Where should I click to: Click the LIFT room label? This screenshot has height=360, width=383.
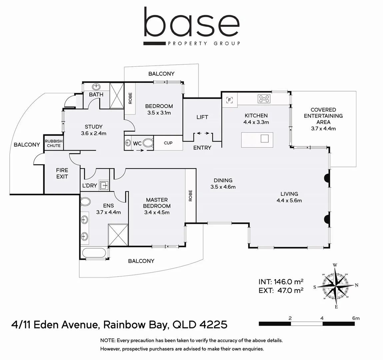202,117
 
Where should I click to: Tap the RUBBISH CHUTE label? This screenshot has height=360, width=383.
54,143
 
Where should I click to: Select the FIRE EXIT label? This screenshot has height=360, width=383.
62,173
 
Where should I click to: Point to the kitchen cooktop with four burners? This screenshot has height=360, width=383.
264,98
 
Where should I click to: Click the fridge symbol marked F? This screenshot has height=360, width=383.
229,100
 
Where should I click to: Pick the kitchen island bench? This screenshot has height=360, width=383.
257,140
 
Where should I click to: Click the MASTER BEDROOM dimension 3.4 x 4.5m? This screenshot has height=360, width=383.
157,212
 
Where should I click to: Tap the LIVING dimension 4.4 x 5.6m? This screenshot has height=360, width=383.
289,200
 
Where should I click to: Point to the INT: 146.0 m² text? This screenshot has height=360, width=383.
281,281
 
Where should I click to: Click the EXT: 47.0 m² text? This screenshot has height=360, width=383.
281,290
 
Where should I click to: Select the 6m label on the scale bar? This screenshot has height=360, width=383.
356,318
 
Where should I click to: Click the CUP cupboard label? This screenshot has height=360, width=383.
168,143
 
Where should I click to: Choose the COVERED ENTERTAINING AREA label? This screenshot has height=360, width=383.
323,116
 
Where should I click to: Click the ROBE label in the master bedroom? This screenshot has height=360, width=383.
190,196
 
